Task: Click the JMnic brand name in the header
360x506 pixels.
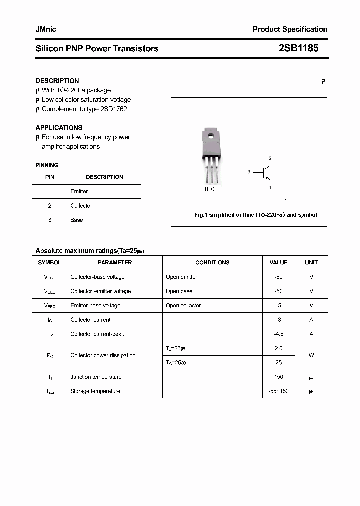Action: point(46,29)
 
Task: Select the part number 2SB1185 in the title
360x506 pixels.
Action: point(298,48)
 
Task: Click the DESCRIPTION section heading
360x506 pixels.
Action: point(57,81)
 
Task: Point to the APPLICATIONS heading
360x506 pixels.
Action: point(59,128)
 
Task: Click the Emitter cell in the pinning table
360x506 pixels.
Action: point(79,191)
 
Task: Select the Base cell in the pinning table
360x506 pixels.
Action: point(76,220)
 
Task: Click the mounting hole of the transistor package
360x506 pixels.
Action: point(211,135)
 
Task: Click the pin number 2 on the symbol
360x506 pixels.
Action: point(270,159)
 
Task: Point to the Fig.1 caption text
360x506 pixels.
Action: point(255,215)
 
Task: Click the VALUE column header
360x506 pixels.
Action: point(278,262)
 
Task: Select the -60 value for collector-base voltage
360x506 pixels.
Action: point(278,277)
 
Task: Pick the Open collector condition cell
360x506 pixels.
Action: point(183,305)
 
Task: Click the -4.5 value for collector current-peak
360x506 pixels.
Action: point(278,334)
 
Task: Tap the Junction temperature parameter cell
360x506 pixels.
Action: point(96,377)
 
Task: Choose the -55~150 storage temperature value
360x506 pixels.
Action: point(278,391)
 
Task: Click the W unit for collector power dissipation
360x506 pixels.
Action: point(311,355)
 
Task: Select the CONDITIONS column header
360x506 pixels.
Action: point(212,262)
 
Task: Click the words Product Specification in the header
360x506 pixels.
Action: point(290,29)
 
